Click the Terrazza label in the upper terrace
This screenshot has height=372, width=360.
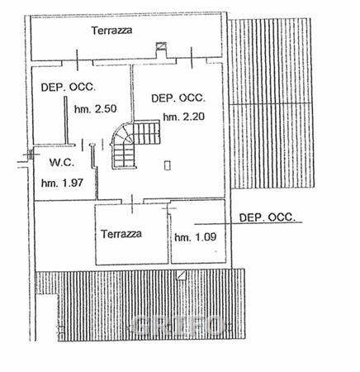tap(111, 30)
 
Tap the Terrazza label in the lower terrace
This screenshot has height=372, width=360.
tap(121, 234)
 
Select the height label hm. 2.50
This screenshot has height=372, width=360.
tap(96, 109)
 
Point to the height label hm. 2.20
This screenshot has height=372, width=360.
tap(184, 117)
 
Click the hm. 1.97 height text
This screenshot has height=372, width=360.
tap(62, 183)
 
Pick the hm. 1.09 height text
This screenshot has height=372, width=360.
tap(196, 237)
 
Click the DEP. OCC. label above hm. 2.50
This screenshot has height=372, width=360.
tap(69, 87)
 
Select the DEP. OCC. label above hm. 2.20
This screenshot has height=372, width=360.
tap(178, 98)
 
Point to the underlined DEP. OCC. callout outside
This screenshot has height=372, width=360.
tap(267, 217)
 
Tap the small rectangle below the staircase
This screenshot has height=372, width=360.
tap(168, 165)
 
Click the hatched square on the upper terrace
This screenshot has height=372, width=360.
tap(161, 45)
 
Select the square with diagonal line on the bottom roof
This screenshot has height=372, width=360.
tap(182, 275)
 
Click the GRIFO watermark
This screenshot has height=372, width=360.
tap(178, 326)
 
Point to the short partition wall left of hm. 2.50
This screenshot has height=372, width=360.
tap(66, 120)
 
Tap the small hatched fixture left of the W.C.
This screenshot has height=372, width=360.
tap(30, 155)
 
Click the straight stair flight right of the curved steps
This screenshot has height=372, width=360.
tap(147, 132)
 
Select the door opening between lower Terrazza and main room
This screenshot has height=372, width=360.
tap(132, 202)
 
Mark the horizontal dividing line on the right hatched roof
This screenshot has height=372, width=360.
tap(270, 104)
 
